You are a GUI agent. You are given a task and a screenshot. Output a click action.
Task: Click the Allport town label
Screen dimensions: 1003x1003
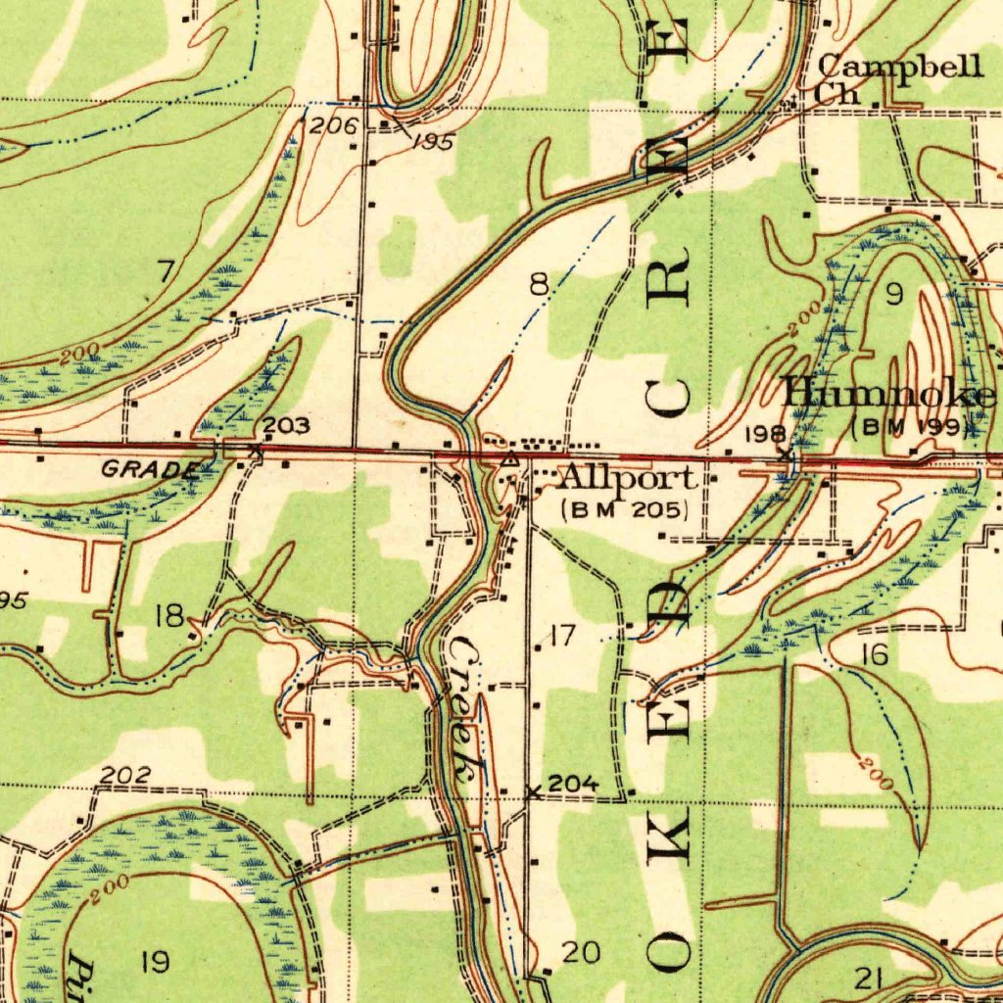point(628,479)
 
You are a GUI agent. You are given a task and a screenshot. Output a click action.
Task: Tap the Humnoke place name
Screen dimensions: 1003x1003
point(889,395)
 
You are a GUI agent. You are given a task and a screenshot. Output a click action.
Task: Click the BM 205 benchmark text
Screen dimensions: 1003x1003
point(626,509)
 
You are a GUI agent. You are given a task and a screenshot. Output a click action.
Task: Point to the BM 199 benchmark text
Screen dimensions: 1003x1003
point(911,427)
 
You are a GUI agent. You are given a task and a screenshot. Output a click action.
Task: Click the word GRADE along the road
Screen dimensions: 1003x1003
point(149,469)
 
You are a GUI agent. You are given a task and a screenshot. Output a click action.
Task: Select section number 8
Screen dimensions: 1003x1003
point(539,285)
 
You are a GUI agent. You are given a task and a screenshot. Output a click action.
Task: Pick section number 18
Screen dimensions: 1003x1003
point(169,616)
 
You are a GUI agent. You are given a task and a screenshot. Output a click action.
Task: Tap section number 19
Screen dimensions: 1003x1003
point(155,962)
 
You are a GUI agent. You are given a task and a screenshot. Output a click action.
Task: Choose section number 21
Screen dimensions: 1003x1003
point(869,977)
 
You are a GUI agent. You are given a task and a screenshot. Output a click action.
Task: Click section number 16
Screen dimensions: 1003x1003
point(874,655)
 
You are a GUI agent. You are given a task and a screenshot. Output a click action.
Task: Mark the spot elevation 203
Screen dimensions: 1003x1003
point(287,426)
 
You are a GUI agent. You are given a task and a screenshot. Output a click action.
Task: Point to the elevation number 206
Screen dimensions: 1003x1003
point(333,125)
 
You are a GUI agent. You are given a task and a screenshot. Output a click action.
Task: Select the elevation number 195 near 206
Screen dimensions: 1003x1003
point(432,142)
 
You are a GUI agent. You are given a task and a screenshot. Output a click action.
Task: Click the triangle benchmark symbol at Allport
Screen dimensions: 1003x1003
point(508,458)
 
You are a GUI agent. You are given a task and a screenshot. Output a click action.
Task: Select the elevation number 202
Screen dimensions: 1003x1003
point(125,776)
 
